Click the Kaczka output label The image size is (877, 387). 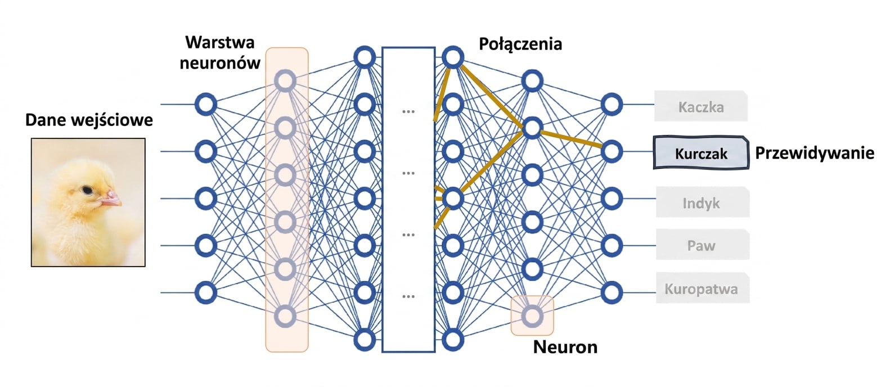[701, 106]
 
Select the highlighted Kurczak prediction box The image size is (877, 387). [701, 152]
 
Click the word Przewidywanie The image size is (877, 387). [815, 153]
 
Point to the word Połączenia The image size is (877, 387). [520, 44]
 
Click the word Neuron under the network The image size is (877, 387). [565, 346]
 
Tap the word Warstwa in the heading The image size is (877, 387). [219, 42]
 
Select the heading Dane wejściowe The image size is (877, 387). [89, 120]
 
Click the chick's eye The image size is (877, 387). [87, 191]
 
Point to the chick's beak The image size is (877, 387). [111, 199]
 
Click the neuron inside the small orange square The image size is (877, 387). [532, 316]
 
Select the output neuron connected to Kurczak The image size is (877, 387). [611, 151]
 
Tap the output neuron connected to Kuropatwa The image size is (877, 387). [611, 292]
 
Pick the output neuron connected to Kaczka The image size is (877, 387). [611, 105]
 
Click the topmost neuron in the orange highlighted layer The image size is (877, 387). [285, 81]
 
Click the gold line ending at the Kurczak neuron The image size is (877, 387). [571, 139]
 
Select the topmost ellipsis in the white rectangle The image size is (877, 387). [408, 111]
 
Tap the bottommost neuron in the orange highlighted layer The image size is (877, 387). [285, 316]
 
